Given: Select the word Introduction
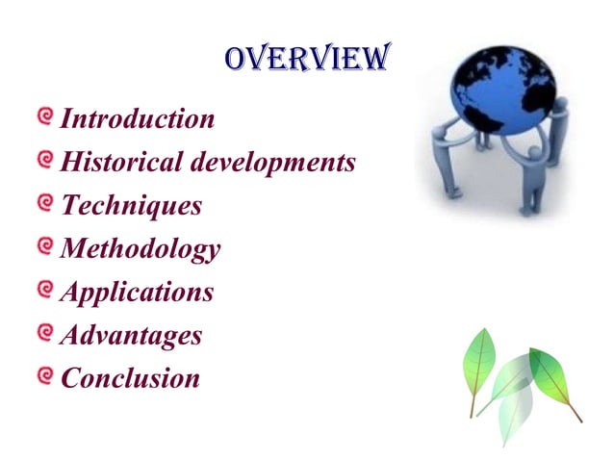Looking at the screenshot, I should click(x=138, y=119).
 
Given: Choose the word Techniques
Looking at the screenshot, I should click(x=131, y=206).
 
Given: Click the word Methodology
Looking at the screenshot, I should click(x=141, y=250).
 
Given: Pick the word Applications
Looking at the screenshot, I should click(x=137, y=293).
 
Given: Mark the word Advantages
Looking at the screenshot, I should click(x=131, y=336).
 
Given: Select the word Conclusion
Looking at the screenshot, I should click(x=130, y=378).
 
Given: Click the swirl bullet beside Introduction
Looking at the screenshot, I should click(x=44, y=118).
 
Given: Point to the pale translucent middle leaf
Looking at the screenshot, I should click(x=517, y=395).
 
